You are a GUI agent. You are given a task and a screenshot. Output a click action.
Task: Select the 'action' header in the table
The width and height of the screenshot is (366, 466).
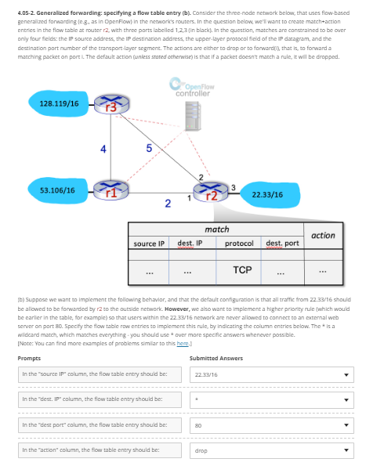click(323, 235)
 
